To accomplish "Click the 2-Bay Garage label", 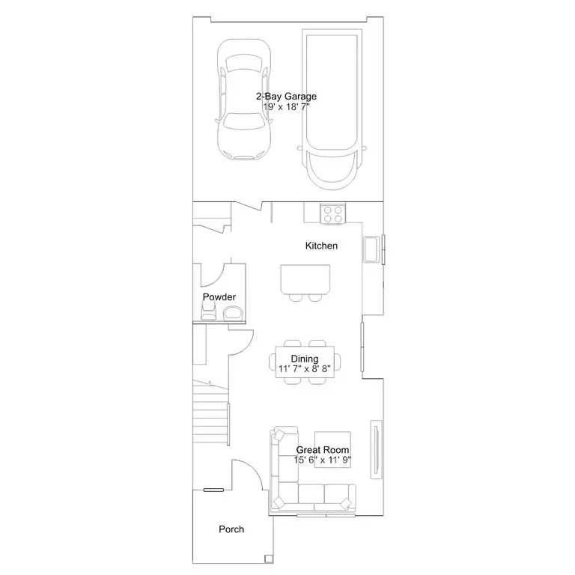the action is [x=287, y=96].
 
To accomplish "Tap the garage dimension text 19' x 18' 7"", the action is [x=287, y=107].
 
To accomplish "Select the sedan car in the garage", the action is [x=244, y=100].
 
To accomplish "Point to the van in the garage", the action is [x=332, y=109].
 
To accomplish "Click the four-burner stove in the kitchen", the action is [x=333, y=214].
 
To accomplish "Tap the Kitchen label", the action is [x=321, y=246].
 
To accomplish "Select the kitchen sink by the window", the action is [x=371, y=249].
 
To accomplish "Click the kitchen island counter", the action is [x=305, y=279].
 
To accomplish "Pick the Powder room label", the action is [x=219, y=296].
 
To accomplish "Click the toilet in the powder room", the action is [x=208, y=311].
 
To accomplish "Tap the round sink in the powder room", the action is [x=233, y=314].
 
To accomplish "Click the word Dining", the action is [x=305, y=359].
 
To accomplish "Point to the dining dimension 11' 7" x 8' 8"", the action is [x=305, y=368].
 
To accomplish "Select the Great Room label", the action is [x=323, y=449].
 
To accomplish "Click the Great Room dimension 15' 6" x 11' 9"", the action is [x=323, y=460].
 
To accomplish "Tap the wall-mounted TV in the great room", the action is [x=377, y=449].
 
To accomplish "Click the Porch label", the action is [x=231, y=529].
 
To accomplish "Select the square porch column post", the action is [x=269, y=558].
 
